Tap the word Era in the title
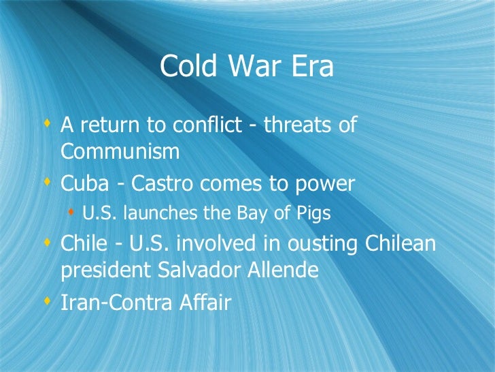312,67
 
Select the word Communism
120,151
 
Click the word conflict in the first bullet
215,125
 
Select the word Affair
203,302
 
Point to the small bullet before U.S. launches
71,213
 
